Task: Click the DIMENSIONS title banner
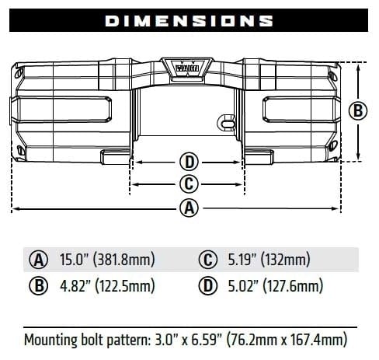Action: point(189,21)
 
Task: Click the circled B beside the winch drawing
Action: point(357,110)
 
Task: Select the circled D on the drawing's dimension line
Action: point(189,163)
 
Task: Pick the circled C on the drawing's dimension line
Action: point(189,184)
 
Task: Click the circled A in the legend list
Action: point(37,260)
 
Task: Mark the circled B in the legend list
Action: point(37,286)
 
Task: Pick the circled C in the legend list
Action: point(207,260)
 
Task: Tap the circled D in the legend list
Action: point(207,286)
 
